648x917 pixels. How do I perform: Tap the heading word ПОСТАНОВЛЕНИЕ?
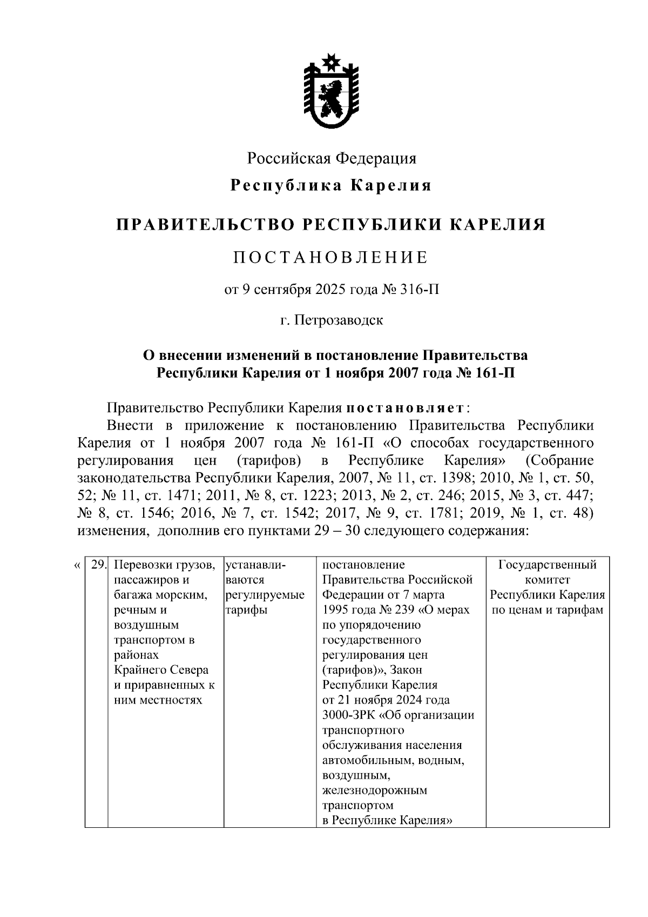pyautogui.click(x=331, y=257)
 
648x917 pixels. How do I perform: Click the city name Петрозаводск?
pyautogui.click(x=339, y=320)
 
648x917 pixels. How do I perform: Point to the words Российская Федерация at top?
pyautogui.click(x=332, y=158)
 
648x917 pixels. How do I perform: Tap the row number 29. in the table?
pyautogui.click(x=98, y=565)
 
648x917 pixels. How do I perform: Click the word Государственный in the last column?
pyautogui.click(x=547, y=565)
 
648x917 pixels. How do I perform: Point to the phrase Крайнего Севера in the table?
pyautogui.click(x=161, y=670)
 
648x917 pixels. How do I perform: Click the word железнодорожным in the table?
pyautogui.click(x=374, y=791)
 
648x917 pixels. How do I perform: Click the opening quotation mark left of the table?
pyautogui.click(x=76, y=566)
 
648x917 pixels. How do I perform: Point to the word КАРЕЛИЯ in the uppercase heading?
pyautogui.click(x=497, y=224)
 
